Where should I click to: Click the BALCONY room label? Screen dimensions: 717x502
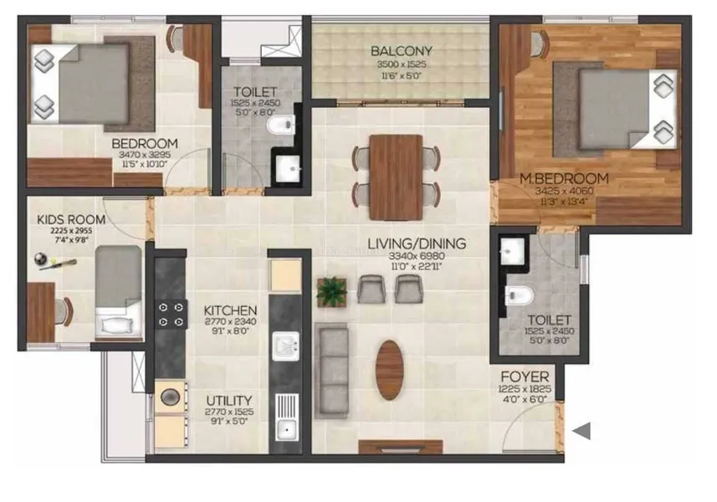[401, 51]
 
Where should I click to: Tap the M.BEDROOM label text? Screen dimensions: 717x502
[564, 178]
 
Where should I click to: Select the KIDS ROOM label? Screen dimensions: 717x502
[71, 219]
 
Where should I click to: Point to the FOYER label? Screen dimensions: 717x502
[525, 376]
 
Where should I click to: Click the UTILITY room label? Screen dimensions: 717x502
[228, 401]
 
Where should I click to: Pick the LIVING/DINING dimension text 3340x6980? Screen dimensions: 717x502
[417, 256]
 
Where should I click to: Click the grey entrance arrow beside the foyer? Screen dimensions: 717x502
[581, 431]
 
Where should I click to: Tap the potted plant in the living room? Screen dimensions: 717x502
[332, 292]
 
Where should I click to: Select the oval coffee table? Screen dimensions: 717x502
[390, 370]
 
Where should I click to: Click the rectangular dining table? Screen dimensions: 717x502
[396, 177]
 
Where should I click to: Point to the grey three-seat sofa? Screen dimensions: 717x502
[331, 371]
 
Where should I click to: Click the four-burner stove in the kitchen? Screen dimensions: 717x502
[172, 315]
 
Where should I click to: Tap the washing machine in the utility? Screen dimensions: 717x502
[171, 397]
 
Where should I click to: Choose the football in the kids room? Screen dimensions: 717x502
[40, 259]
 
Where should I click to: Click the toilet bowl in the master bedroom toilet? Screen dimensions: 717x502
[519, 296]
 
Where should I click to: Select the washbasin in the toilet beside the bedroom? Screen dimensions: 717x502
[289, 169]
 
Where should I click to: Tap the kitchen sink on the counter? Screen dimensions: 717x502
[286, 346]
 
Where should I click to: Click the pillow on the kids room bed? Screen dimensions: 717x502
[117, 325]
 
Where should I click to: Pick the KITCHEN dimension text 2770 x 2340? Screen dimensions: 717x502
[230, 321]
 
